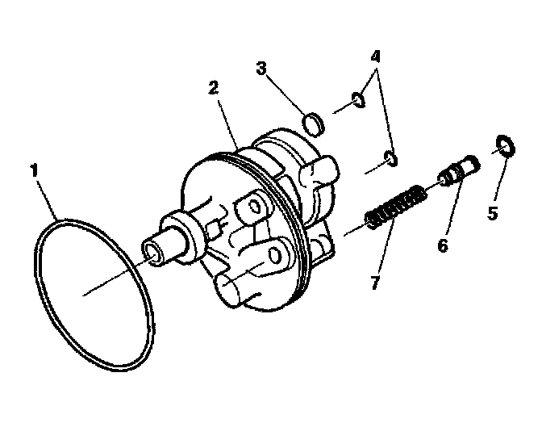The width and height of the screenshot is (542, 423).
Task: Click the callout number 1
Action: coord(35,170)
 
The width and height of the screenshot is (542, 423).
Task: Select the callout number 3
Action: coord(261,69)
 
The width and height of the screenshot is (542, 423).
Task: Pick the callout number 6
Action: coord(442,245)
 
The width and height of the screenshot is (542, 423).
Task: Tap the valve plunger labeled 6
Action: coord(458,172)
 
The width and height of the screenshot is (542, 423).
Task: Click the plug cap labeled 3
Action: coord(315,124)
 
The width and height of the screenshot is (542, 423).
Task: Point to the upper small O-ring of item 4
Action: coord(357,100)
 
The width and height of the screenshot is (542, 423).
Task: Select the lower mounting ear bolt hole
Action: coord(274,257)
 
